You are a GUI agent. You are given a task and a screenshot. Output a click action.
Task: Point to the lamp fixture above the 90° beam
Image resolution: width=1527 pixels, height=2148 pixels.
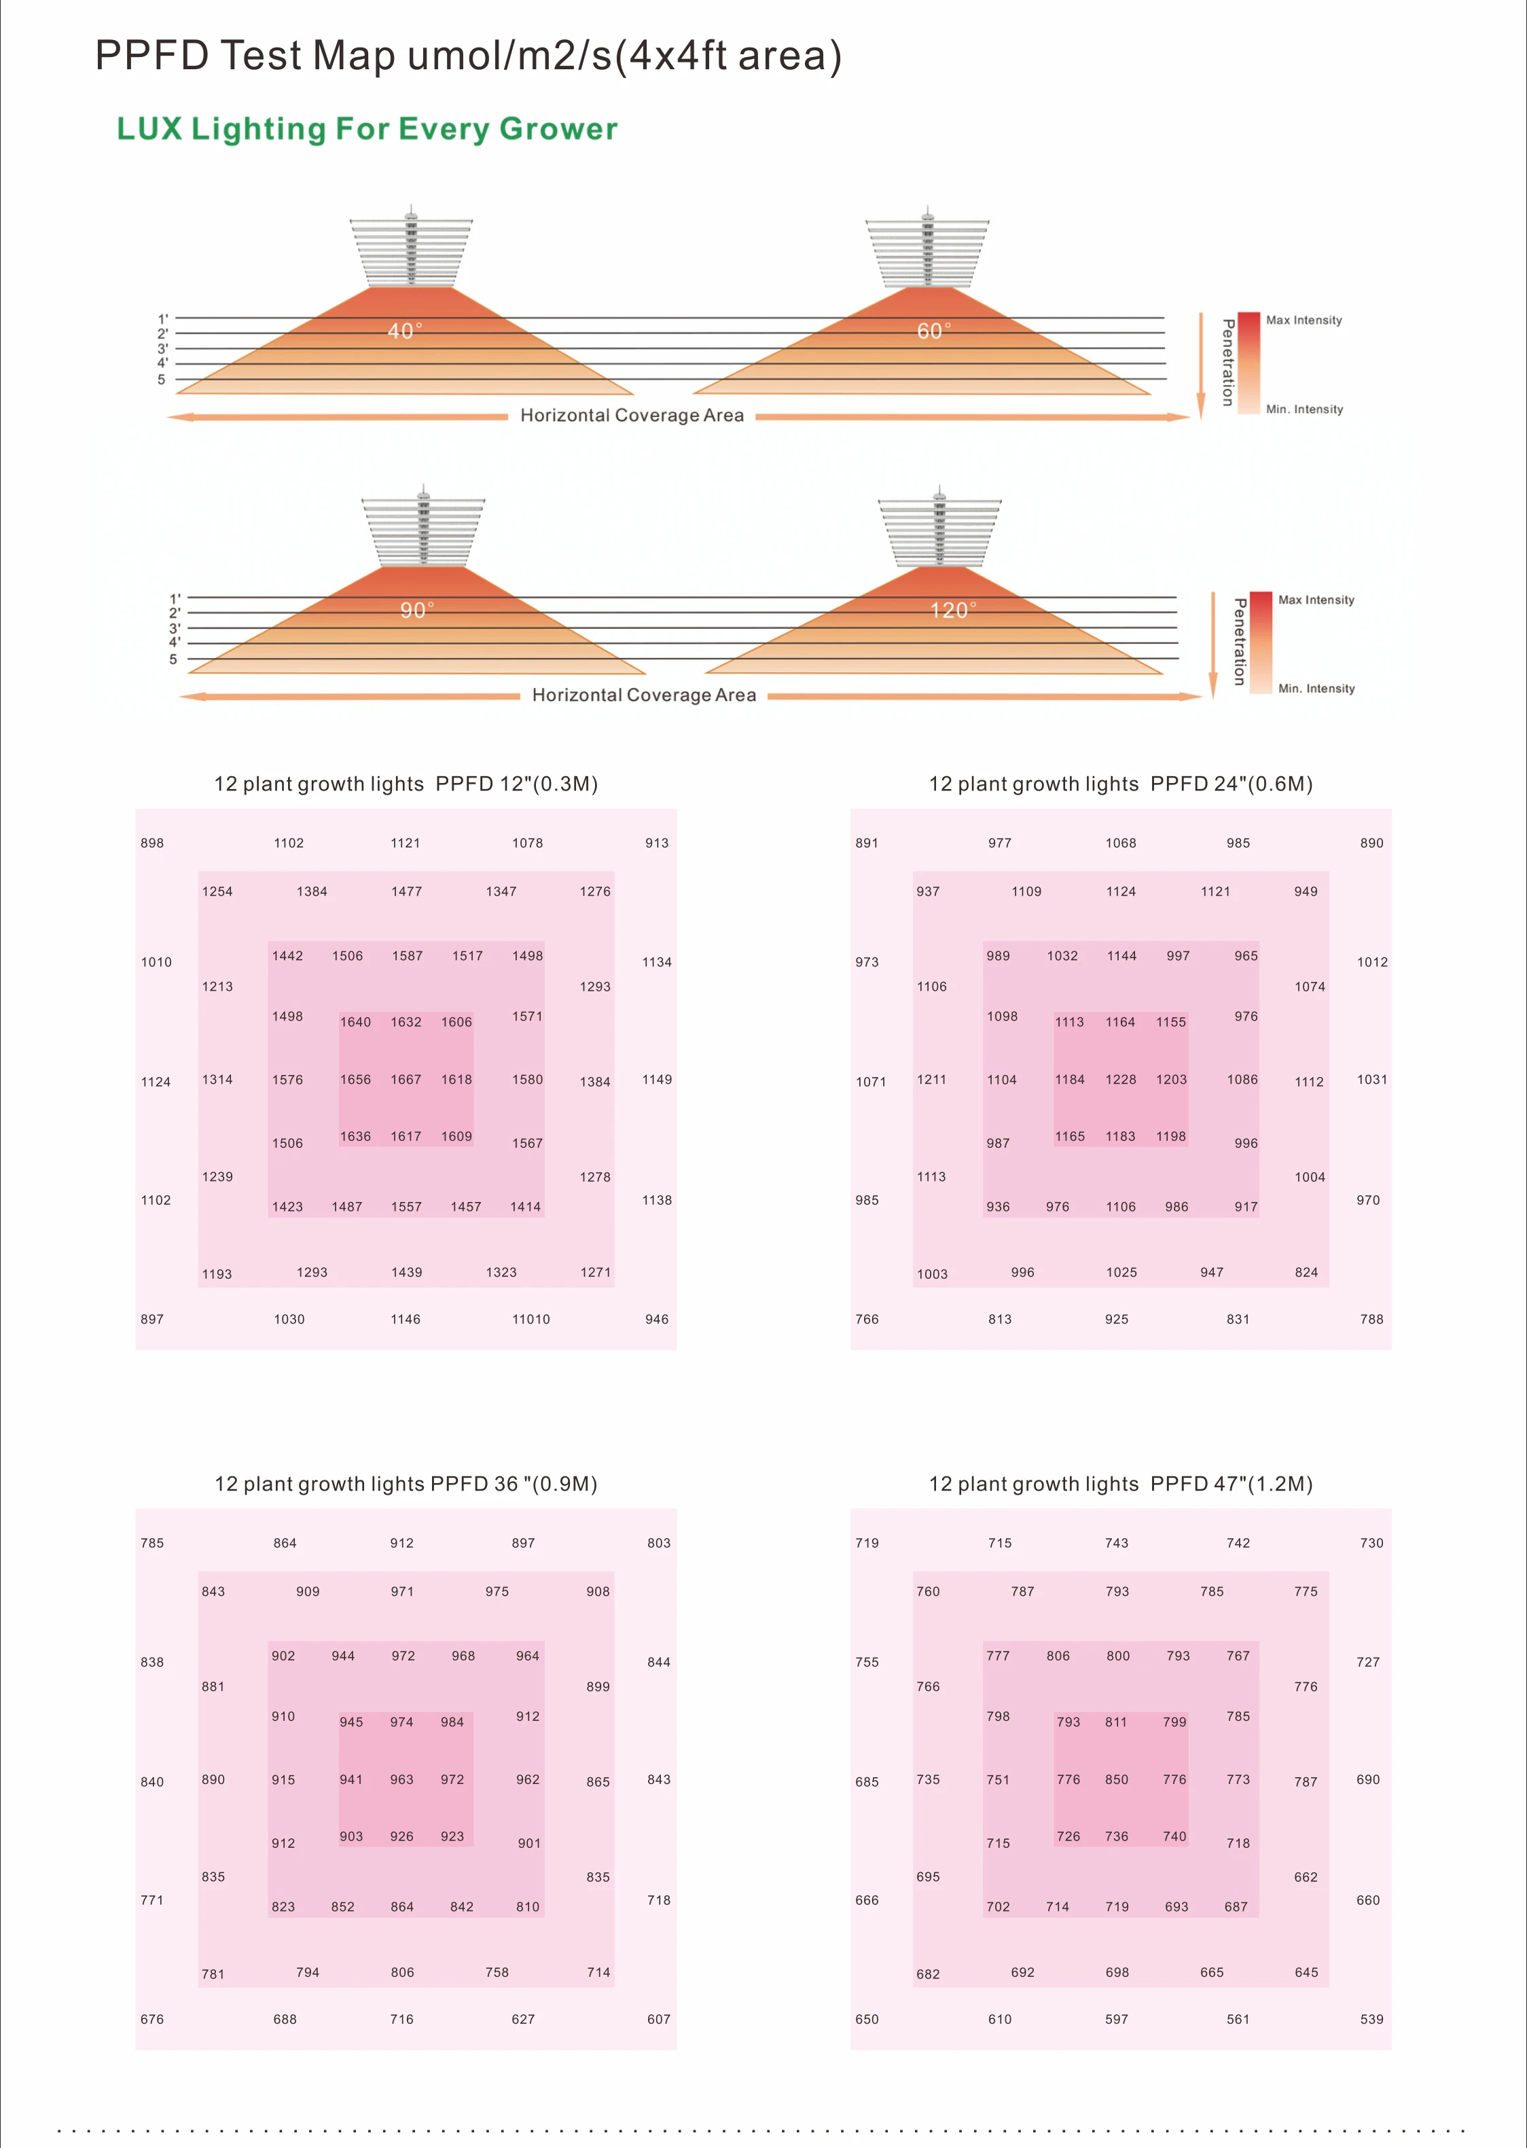coord(423,528)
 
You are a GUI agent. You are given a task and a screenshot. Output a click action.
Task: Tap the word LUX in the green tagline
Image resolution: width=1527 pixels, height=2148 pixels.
coord(149,130)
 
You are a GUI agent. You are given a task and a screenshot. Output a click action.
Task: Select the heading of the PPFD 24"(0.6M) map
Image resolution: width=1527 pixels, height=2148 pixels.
coord(1120,784)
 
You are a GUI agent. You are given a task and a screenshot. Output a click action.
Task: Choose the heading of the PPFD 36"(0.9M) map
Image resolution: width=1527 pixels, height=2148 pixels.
coord(406,1483)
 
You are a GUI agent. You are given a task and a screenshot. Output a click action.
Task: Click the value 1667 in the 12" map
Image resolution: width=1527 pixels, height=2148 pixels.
coord(406,1080)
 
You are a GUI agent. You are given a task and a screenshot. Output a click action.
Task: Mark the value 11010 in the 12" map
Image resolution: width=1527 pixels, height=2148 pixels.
coord(531,1319)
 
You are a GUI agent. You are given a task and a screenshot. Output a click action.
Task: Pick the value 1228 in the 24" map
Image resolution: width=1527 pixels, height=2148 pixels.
coord(1121,1080)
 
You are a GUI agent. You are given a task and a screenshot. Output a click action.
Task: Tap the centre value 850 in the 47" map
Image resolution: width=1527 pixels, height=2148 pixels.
coord(1117,1779)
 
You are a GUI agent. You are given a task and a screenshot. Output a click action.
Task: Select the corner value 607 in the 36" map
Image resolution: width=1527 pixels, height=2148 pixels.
coord(659,2019)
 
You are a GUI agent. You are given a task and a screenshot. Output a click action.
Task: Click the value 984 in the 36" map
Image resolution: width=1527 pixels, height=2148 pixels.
coord(452,1722)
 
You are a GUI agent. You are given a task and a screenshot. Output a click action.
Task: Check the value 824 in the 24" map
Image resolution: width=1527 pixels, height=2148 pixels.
coord(1306,1273)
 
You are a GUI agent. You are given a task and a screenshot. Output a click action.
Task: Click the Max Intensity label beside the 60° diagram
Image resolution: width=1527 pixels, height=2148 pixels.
coord(1304,321)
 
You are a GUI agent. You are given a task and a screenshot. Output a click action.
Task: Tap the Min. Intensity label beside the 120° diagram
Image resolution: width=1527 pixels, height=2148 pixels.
coord(1316,689)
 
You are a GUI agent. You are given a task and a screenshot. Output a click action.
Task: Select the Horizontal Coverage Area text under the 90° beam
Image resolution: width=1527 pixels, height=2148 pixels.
coord(644,695)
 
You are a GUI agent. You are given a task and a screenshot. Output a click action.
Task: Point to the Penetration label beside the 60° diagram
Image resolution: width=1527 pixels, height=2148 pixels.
coord(1227,363)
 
